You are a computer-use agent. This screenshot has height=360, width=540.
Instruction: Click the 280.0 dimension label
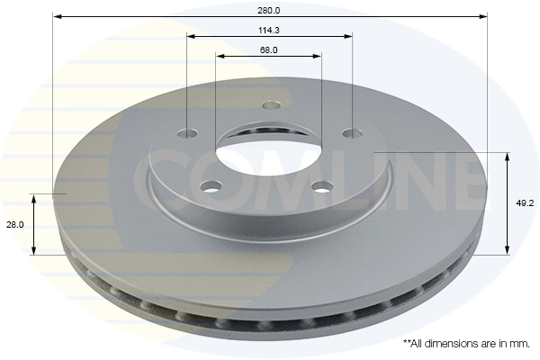(268, 10)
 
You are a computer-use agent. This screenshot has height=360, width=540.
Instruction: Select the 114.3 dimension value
(268, 31)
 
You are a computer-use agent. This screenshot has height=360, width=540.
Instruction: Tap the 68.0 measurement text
(268, 50)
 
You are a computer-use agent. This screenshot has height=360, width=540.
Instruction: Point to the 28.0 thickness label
(15, 225)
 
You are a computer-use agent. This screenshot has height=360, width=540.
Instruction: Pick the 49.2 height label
(525, 203)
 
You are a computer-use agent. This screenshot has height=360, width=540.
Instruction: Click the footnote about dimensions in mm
(466, 344)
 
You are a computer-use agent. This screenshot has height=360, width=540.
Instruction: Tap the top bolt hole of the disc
(271, 104)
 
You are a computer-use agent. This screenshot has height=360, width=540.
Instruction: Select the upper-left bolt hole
(188, 133)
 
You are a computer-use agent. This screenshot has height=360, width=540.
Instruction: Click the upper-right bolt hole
(353, 132)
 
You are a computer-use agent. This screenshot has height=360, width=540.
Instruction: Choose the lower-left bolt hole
(211, 187)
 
